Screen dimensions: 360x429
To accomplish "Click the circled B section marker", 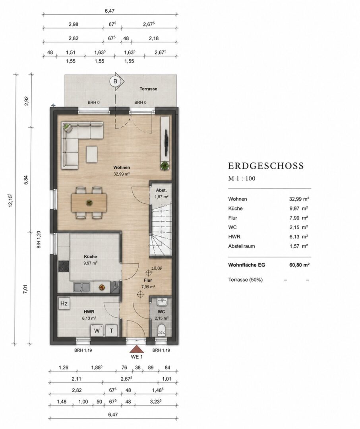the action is pos(115,81).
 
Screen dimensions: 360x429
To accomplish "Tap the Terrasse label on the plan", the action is pos(148,89).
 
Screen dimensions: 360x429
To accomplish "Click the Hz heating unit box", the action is pos(64,303).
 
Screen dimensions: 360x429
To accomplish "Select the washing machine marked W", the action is pos(97,331).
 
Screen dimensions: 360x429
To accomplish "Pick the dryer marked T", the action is pos(111,331).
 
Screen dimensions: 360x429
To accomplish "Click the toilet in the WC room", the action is pos(161,330).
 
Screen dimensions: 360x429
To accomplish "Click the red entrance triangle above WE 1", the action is pos(136,350).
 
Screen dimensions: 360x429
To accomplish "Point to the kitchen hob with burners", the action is pos(64,266).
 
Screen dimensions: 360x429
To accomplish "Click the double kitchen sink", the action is pos(81,287).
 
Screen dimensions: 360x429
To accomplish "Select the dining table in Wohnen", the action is pos(89,203).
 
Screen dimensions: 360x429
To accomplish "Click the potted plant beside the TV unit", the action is pos(164,166).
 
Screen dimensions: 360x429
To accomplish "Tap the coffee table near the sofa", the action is pos(92,154).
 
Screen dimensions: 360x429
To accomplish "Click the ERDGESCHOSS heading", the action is pos(266,166).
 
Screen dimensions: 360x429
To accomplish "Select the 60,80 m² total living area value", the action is pos(300,265).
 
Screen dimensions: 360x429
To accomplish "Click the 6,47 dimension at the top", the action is pos(110,11).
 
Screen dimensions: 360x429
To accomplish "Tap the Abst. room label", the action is pos(161,190).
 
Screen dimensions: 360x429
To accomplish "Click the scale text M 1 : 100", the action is pos(242,179).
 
